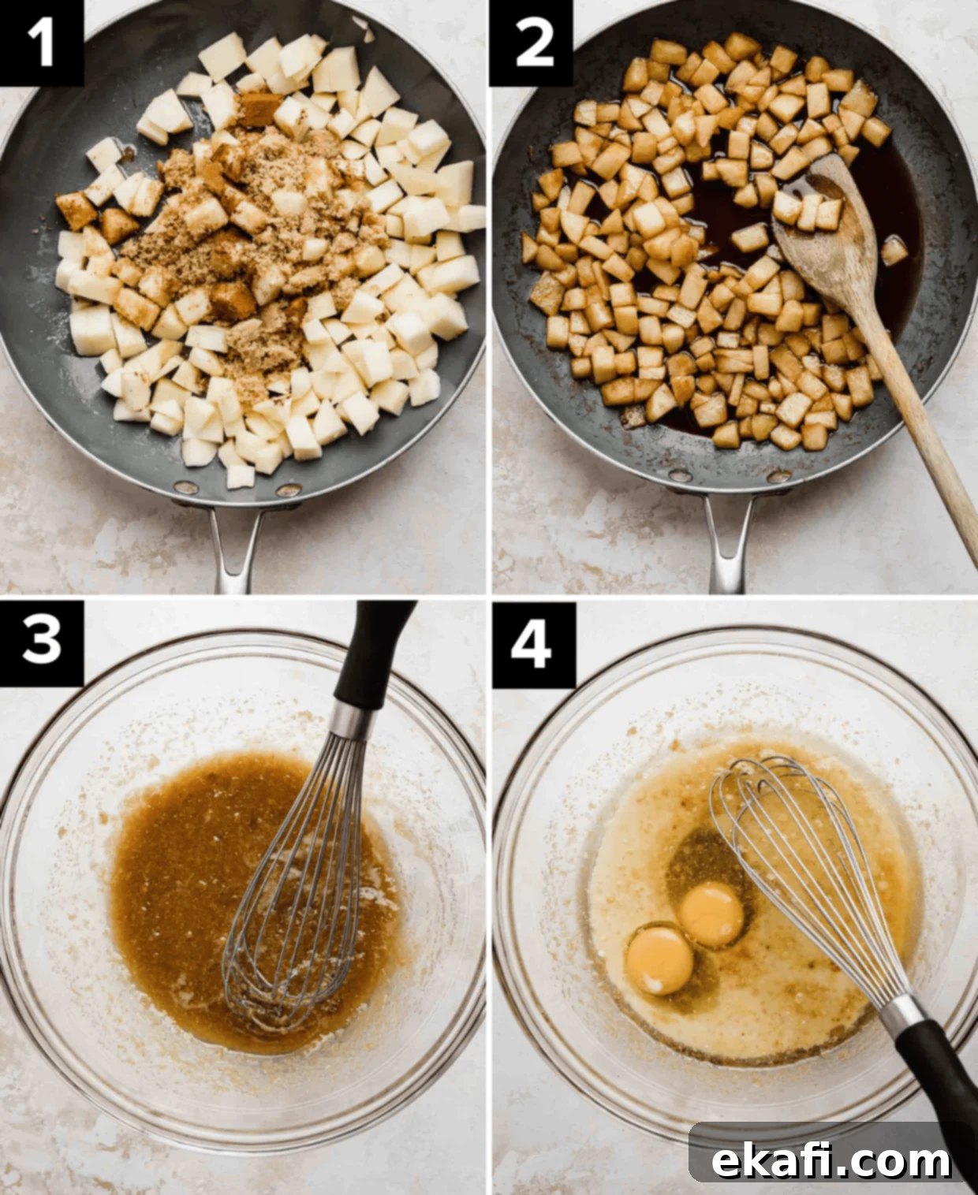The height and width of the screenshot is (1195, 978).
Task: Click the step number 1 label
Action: (41, 43)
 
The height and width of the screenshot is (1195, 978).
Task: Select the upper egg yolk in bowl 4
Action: (711, 913)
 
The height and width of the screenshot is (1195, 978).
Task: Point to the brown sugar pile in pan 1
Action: (238, 227)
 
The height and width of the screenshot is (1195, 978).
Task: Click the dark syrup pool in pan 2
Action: (737, 227)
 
